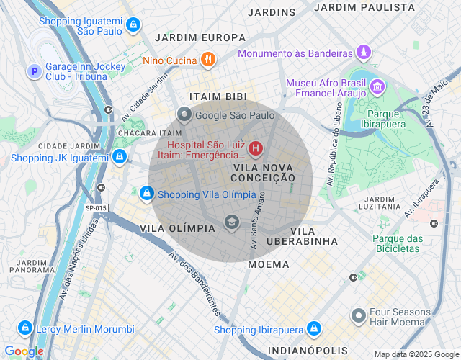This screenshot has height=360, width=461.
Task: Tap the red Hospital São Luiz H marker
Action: click(x=255, y=149)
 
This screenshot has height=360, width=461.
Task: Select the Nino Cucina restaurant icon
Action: click(x=207, y=60)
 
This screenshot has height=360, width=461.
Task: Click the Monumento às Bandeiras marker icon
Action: click(x=365, y=53)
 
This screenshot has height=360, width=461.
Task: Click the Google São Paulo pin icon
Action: click(x=184, y=114)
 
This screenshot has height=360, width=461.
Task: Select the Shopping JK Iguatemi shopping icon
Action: click(x=120, y=156)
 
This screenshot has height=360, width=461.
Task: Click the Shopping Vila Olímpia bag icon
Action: click(x=146, y=194)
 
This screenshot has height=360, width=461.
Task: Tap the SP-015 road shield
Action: click(x=96, y=208)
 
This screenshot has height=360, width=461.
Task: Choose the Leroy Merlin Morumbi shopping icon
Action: click(x=25, y=328)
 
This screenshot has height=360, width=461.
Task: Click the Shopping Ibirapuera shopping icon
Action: click(x=313, y=329)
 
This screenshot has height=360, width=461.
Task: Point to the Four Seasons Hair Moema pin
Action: click(x=358, y=316)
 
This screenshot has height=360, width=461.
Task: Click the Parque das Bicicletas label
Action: click(x=395, y=243)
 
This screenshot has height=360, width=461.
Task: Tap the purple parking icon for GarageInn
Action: click(x=33, y=71)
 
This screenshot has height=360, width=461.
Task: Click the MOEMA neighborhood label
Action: click(x=268, y=264)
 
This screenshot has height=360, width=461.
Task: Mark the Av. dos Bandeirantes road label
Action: click(x=194, y=281)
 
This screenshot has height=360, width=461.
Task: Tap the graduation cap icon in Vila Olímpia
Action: click(x=231, y=221)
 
